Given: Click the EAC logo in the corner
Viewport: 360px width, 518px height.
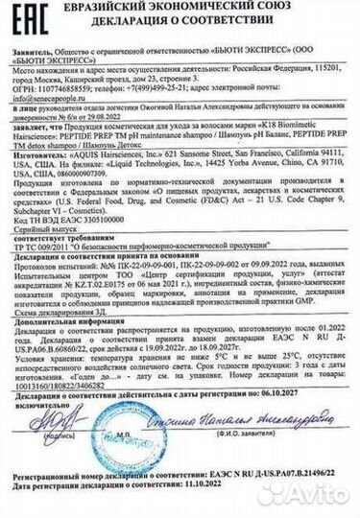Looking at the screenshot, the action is point(29,24).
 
